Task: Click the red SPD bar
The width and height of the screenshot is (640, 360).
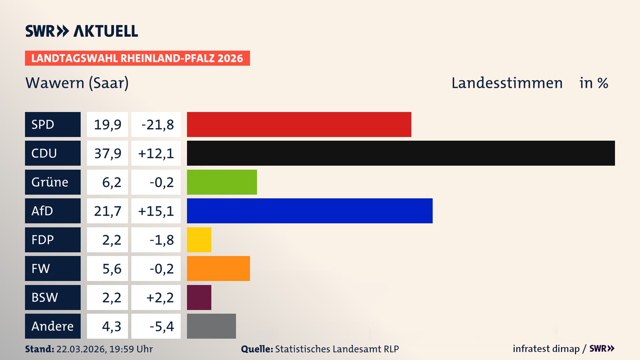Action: [x=299, y=124]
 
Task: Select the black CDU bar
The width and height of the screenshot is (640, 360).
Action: [x=401, y=153]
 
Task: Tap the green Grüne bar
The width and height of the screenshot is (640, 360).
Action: [x=222, y=182]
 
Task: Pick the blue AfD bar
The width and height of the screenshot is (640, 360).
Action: [x=310, y=211]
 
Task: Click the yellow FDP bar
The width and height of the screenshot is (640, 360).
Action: [x=199, y=240]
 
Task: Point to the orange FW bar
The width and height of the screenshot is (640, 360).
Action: [x=218, y=268]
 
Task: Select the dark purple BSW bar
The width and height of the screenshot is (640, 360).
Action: [x=199, y=297]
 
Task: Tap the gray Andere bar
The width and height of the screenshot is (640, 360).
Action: [x=211, y=326]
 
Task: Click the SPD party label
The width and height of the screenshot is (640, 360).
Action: [x=53, y=124]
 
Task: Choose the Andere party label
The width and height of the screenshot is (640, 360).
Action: [x=53, y=326]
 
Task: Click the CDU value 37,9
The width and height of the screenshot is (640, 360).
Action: [x=107, y=153]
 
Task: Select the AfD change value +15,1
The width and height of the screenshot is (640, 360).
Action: [x=156, y=211]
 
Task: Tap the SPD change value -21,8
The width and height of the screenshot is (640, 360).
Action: [x=156, y=125]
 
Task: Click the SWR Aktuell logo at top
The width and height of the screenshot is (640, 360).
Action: [x=81, y=31]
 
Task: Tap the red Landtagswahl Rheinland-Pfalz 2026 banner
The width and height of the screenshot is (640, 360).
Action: [x=137, y=58]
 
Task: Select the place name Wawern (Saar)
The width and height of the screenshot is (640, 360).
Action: [x=77, y=83]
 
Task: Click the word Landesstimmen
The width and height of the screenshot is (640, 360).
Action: [x=507, y=83]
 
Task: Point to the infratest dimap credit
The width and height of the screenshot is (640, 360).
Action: [x=546, y=349]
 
